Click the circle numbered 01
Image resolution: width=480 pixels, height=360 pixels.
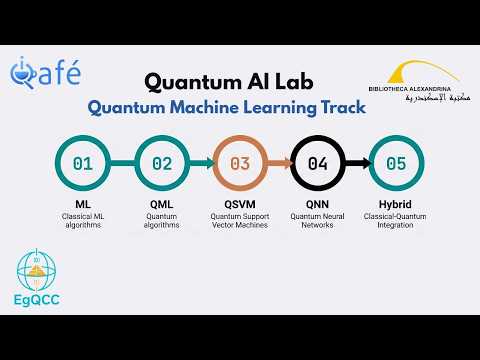[83, 163]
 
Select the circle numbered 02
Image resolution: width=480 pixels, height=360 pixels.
[162, 163]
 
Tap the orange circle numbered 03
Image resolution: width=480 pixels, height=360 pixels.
[240, 163]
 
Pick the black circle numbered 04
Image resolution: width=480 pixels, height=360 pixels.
[317, 163]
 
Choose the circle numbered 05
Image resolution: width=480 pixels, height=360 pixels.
[395, 163]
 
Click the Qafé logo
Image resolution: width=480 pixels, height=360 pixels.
[47, 72]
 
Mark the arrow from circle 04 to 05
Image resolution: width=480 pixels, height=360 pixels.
[356, 163]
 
